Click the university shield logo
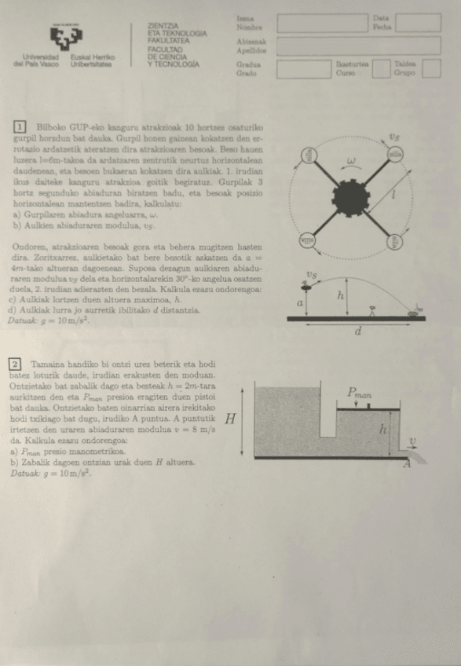point(66,37)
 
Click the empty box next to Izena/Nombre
point(322,23)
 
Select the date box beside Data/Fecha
point(418,23)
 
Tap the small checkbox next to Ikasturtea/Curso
point(380,69)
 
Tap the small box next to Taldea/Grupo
point(431,69)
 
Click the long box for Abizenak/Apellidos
point(358,46)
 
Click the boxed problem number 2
point(15,364)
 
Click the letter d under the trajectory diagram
point(358,331)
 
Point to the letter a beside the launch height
point(299,302)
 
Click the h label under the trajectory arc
point(340,295)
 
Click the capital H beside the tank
point(231,419)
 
